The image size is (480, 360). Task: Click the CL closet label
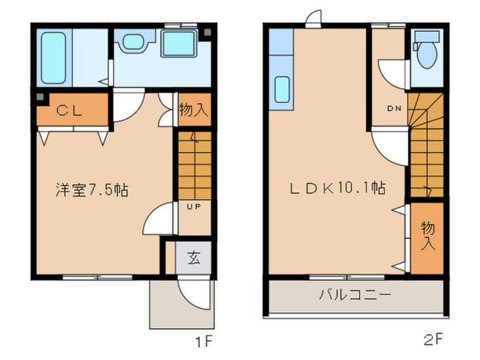[69, 110]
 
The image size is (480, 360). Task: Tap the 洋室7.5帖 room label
[92, 190]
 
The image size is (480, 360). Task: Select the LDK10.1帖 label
[338, 188]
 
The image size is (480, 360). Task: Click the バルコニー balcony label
[355, 295]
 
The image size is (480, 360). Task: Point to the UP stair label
[194, 207]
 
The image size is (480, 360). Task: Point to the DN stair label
[394, 108]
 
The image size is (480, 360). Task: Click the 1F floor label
[204, 341]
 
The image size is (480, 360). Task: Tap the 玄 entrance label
[194, 258]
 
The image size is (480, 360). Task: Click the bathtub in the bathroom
[53, 58]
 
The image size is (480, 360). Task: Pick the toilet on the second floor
[427, 51]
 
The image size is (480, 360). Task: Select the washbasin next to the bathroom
[134, 41]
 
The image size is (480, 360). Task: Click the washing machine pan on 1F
[179, 44]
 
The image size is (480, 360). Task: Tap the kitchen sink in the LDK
[282, 89]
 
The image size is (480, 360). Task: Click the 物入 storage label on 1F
[194, 110]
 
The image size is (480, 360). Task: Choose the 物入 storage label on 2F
[428, 236]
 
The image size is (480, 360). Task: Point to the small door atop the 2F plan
[313, 19]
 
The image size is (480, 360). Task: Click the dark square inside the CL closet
[40, 97]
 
